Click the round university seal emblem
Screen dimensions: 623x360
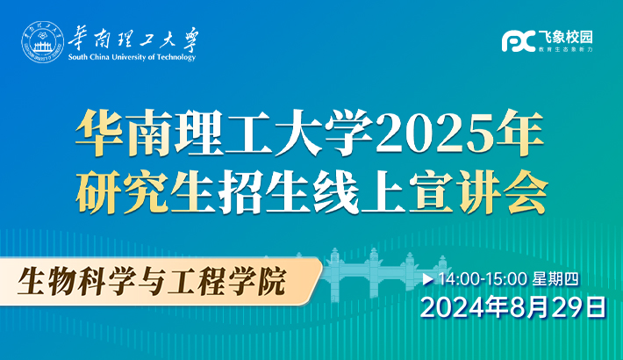42,42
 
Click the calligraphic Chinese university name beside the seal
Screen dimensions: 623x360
132,40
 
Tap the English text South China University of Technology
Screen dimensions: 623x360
132,57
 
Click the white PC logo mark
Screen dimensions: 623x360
518,42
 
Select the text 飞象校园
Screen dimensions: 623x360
565,38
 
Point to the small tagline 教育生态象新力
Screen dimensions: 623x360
565,50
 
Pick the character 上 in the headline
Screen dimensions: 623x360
383,192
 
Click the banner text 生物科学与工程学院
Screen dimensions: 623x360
152,282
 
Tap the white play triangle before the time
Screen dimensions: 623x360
428,279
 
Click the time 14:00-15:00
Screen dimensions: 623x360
483,279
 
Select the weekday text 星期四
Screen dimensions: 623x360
555,279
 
